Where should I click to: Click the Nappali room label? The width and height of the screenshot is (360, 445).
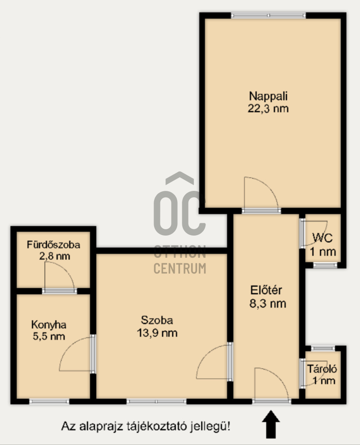269,95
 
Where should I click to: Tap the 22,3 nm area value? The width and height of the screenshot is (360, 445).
269,108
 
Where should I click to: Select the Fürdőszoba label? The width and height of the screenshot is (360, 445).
53,244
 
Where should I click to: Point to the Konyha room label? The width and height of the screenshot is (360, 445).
48,325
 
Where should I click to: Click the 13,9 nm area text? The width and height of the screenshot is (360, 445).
157,333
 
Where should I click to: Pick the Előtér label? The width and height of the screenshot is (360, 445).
266,290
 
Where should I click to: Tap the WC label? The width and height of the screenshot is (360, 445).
323,238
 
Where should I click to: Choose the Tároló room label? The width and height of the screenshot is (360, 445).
322,369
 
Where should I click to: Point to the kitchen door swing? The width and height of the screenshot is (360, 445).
76,354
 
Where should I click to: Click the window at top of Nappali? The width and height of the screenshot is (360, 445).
268,16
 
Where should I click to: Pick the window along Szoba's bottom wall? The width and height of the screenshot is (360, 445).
156,402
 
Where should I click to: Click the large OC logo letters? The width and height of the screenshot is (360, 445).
180,213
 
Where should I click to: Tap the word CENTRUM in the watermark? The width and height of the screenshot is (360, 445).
180,268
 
